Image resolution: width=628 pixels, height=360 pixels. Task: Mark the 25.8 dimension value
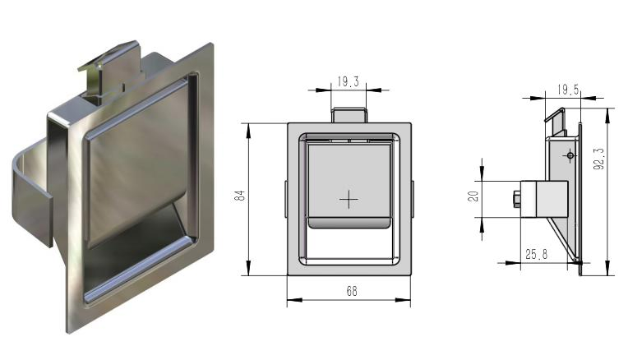(x=537, y=255)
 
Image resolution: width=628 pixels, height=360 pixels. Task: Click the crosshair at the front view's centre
(x=349, y=199)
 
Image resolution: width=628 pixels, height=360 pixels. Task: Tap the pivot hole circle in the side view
(x=569, y=155)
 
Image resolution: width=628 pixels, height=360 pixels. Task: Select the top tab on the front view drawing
(x=349, y=114)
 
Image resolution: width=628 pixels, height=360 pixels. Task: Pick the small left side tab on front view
(x=285, y=196)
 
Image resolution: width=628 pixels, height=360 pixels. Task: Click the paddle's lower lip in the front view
(x=349, y=223)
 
